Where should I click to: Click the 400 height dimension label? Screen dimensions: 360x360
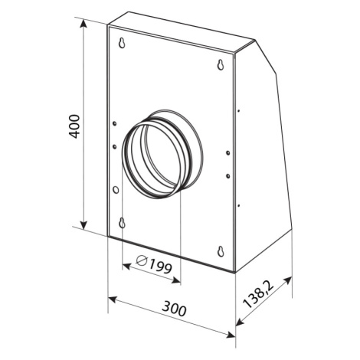(x=75, y=126)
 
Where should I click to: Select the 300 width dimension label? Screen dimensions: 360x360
(x=175, y=308)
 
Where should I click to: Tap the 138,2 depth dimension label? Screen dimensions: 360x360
(x=258, y=293)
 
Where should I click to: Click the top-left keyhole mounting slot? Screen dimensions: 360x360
(x=123, y=43)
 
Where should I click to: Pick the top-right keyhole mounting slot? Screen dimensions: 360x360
(x=221, y=64)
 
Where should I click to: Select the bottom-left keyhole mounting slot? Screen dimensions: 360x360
(x=123, y=223)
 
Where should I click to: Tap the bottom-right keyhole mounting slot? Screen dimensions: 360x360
(x=221, y=251)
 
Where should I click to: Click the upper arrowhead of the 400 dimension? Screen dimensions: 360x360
(x=83, y=24)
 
